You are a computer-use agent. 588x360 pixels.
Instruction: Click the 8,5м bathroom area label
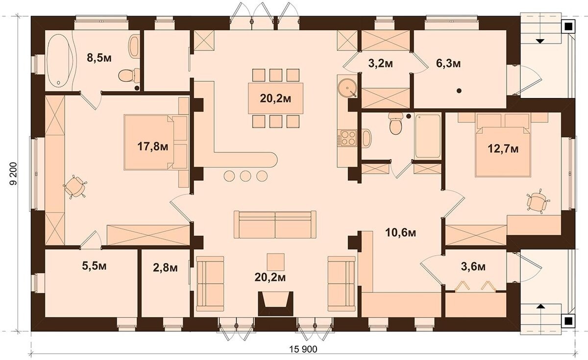click(99, 58)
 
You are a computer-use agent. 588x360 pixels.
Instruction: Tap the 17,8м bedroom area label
click(153, 146)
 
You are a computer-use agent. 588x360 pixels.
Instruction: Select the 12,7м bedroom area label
click(503, 149)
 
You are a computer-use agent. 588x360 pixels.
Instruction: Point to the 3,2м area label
click(381, 64)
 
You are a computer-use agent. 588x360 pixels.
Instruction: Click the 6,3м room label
click(448, 64)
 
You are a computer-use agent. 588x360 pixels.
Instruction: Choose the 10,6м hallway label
click(401, 233)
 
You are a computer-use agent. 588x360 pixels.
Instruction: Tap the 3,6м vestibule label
click(473, 266)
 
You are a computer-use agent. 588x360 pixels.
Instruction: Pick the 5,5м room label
click(94, 266)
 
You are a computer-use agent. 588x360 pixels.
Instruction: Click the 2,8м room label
click(165, 267)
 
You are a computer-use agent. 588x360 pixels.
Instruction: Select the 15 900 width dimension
click(303, 349)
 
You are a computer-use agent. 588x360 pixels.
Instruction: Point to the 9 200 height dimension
click(13, 174)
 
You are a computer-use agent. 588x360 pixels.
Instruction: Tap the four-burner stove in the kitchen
click(347, 138)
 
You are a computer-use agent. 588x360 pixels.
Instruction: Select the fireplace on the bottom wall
click(275, 304)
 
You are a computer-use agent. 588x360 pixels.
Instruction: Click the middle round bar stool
click(245, 176)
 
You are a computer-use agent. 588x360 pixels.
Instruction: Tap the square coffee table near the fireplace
click(275, 262)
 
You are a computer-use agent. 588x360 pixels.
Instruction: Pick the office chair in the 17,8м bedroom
click(75, 187)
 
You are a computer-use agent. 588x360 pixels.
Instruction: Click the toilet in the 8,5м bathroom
click(128, 75)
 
